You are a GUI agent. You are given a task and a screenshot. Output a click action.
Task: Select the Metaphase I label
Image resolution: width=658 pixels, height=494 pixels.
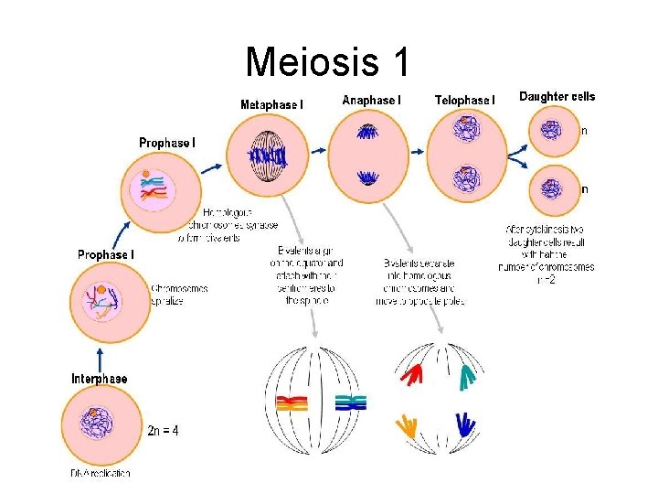coord(271,105)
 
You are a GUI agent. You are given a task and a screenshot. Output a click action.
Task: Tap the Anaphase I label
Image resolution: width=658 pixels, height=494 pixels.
coord(371,100)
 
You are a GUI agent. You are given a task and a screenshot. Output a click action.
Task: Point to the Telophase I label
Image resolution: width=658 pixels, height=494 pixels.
coord(464,100)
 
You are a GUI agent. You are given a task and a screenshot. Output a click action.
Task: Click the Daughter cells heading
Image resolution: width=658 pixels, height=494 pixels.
coord(557,96)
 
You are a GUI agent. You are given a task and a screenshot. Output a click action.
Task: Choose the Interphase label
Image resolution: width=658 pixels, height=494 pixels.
coord(100,378)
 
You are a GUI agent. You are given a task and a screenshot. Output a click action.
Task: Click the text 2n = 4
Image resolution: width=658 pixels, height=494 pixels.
coord(163,430)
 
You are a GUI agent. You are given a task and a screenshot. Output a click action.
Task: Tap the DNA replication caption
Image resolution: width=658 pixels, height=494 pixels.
coord(101,473)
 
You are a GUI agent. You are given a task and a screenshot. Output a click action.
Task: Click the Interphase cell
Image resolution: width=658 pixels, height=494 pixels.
coord(99,430)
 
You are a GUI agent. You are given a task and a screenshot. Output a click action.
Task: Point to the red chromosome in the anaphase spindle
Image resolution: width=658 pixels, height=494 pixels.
coord(414,373)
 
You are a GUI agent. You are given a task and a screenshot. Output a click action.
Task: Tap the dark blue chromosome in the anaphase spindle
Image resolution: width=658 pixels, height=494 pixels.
coord(465,425)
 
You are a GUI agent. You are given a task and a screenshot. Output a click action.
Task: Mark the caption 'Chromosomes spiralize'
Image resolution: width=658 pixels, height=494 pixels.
coord(179,294)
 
